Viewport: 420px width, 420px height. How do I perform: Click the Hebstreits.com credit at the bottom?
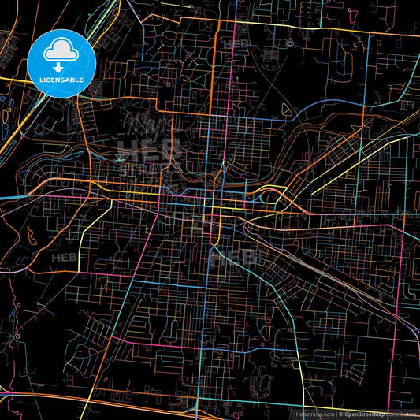[314, 413]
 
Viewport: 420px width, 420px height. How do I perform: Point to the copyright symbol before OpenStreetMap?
[340, 413]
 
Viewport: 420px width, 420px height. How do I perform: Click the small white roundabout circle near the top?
[289, 43]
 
